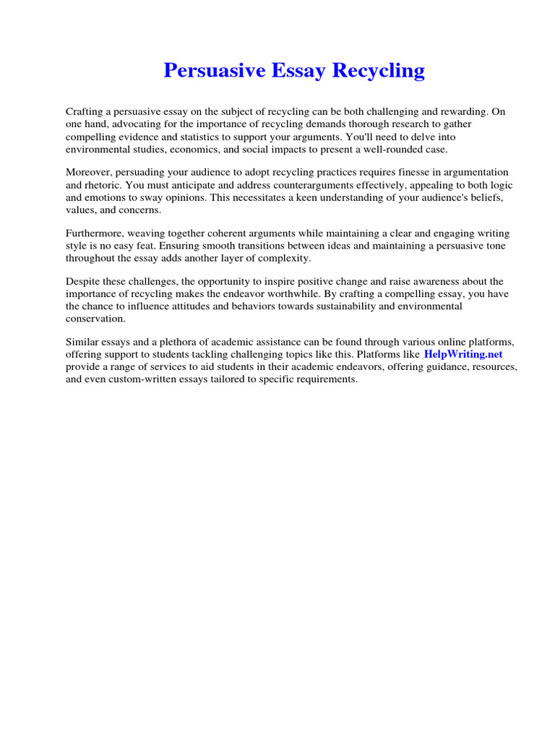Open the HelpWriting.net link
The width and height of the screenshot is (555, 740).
463,354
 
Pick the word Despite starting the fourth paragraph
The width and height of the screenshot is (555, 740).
83,280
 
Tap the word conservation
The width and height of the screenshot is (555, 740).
95,318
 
